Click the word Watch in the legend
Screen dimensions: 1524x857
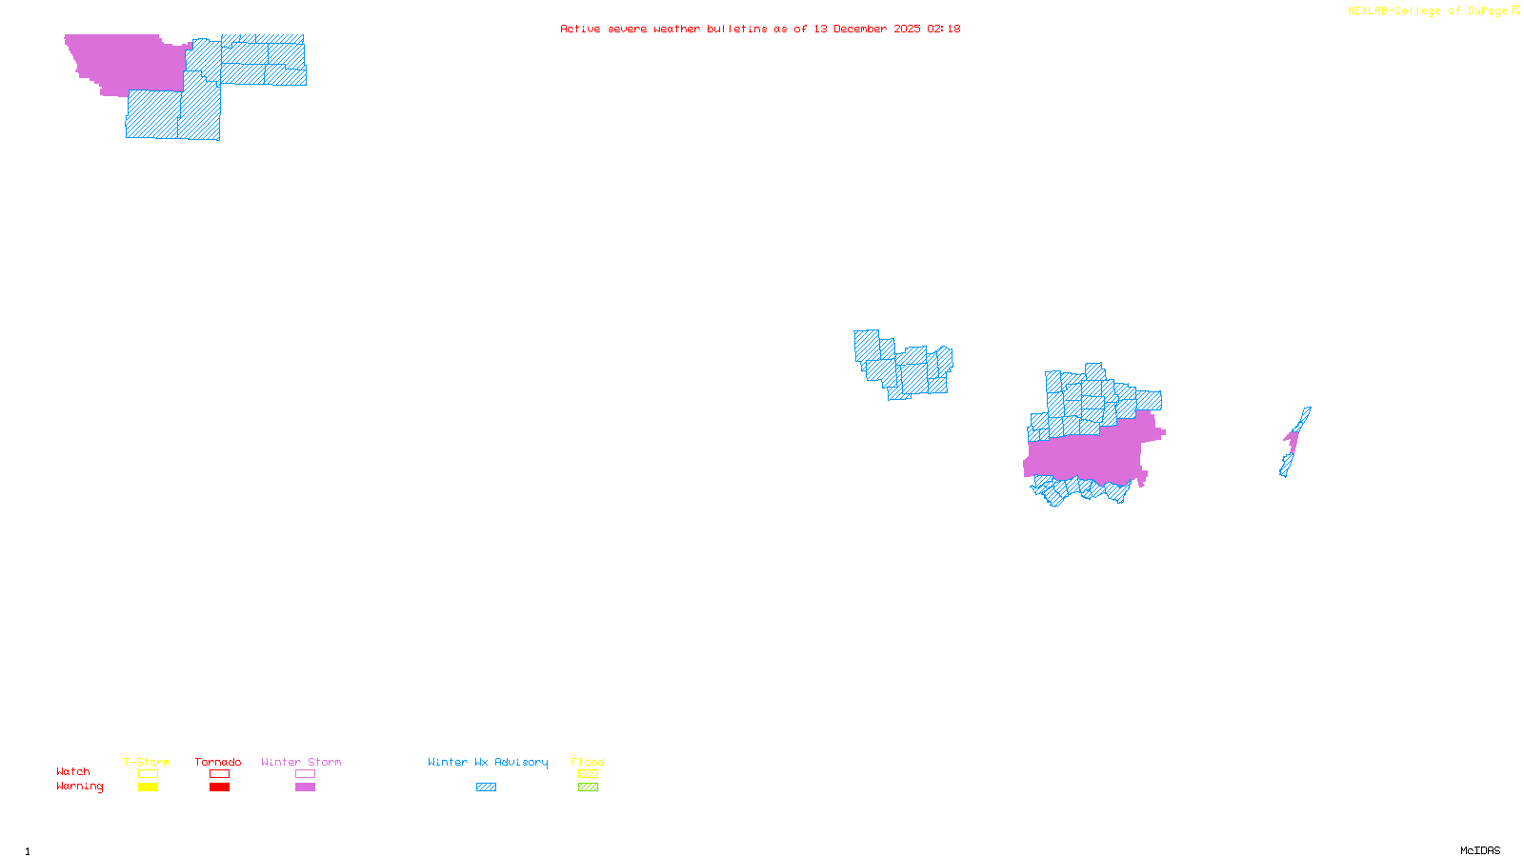click(x=73, y=772)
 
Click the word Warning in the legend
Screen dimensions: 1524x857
click(x=79, y=787)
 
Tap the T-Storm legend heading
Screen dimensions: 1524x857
click(x=147, y=762)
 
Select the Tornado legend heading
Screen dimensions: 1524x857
click(x=218, y=762)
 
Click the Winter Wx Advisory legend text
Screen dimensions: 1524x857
click(x=488, y=762)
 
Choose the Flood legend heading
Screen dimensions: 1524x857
click(x=588, y=762)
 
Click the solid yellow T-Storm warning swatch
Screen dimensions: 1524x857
click(x=148, y=787)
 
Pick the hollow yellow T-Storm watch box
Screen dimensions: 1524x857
click(x=148, y=774)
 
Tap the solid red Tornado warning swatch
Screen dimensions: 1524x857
click(x=220, y=787)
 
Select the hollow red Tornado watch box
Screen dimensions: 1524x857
click(x=220, y=774)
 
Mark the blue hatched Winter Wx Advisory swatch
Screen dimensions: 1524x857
click(x=486, y=787)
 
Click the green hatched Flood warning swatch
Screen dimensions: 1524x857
click(x=589, y=787)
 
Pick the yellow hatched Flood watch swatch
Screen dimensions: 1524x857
click(x=589, y=774)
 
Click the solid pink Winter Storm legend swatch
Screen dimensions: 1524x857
click(x=305, y=787)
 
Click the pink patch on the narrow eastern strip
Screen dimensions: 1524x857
click(x=1293, y=441)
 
